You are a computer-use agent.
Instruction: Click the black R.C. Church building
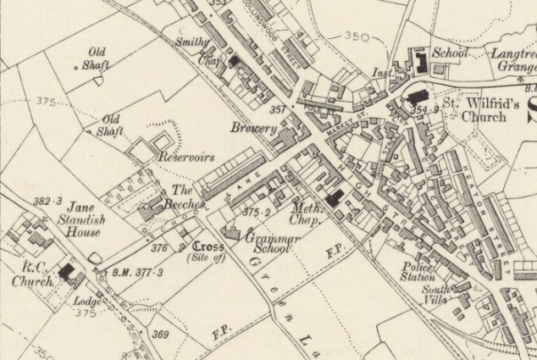(x=68, y=272)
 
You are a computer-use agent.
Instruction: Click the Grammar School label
(x=270, y=246)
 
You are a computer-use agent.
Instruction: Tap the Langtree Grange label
(x=513, y=58)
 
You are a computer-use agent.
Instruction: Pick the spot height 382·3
(x=48, y=202)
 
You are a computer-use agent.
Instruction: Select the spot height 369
(x=159, y=335)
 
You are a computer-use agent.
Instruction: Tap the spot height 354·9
(x=422, y=110)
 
